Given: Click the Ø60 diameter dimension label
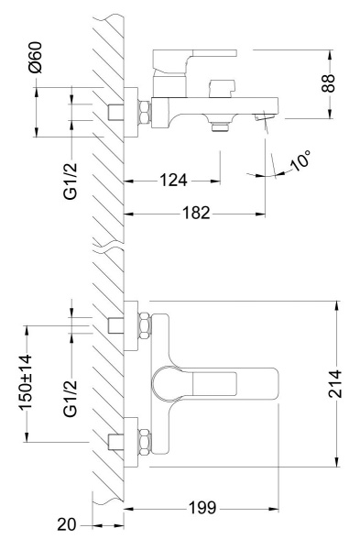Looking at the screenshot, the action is pos(35,57).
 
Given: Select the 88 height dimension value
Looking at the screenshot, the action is pos(329,83).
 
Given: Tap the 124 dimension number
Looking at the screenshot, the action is pos(173,181).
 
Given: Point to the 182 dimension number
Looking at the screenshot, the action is pos(196,213).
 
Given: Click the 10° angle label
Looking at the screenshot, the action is pos(300,161).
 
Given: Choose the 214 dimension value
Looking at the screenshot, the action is pos(335,384).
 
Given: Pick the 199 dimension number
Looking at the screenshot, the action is pos(202,508).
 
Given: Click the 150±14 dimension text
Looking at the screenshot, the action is pos(26,382).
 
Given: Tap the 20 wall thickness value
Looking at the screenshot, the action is pos(67,524).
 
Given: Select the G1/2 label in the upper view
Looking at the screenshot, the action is pos(71,181).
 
